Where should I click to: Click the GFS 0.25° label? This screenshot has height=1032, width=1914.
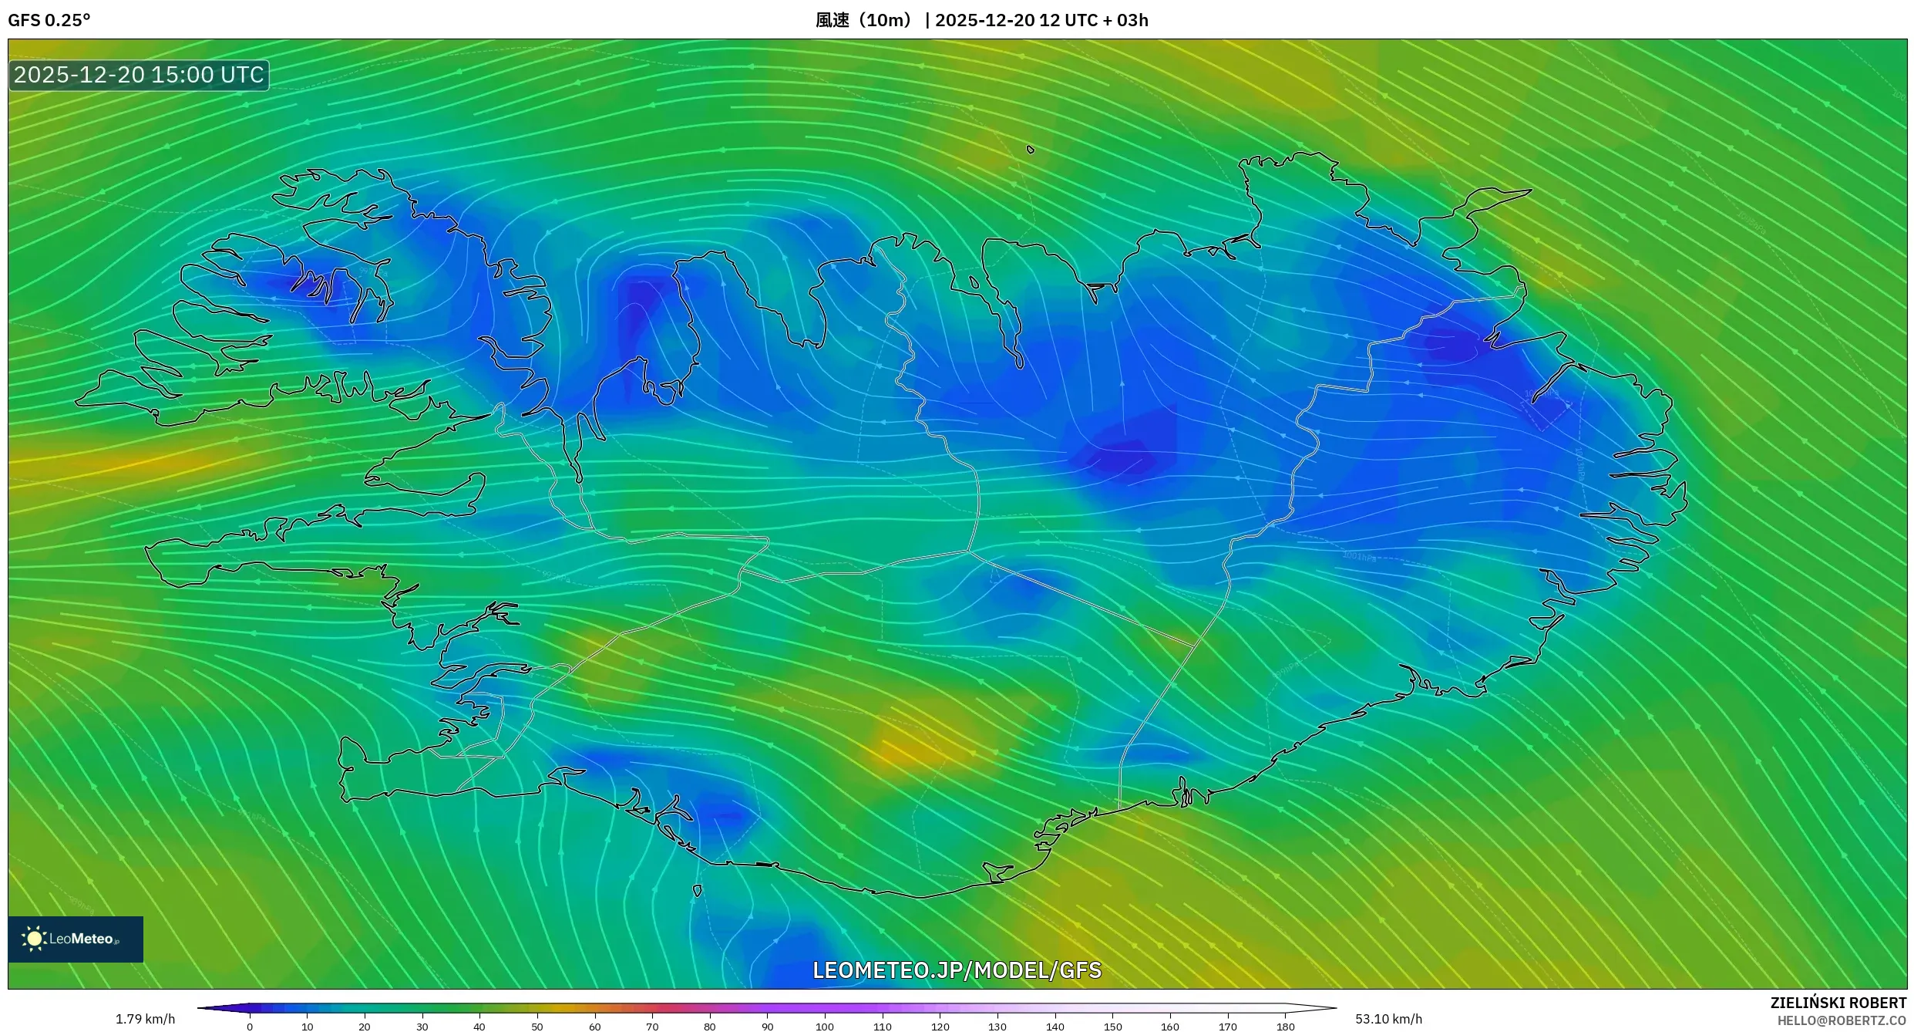[x=49, y=20]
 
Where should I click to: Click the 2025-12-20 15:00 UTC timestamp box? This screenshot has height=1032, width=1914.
[x=139, y=75]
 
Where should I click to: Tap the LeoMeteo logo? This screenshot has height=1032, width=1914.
[x=76, y=939]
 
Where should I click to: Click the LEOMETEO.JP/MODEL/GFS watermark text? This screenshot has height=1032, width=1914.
[x=957, y=970]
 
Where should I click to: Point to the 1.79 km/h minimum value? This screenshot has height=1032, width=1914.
[x=145, y=1019]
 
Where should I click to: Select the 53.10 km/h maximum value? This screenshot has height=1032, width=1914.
[x=1388, y=1019]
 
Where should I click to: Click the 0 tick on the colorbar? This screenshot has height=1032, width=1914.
[x=250, y=1026]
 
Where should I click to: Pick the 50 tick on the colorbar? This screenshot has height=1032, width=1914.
[x=537, y=1026]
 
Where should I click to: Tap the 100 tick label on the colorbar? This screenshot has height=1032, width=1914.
[x=825, y=1027]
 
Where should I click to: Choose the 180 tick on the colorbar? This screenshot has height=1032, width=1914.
[x=1285, y=1026]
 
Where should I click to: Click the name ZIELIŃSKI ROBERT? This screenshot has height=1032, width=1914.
[x=1838, y=1003]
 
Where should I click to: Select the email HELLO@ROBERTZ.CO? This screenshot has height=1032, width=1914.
[x=1842, y=1021]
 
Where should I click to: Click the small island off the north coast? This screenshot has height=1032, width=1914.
[x=1031, y=150]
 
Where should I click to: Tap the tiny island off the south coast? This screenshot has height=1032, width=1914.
[x=698, y=891]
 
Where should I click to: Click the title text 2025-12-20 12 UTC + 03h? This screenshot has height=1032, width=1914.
[x=1041, y=20]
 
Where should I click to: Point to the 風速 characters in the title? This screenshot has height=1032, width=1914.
[x=833, y=20]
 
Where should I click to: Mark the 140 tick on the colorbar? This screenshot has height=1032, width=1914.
[x=1055, y=1026]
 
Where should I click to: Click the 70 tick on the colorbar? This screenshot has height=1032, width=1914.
[x=652, y=1026]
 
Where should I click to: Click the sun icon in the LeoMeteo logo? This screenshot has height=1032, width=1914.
[x=34, y=939]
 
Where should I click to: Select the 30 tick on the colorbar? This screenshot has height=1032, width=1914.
[x=422, y=1026]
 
